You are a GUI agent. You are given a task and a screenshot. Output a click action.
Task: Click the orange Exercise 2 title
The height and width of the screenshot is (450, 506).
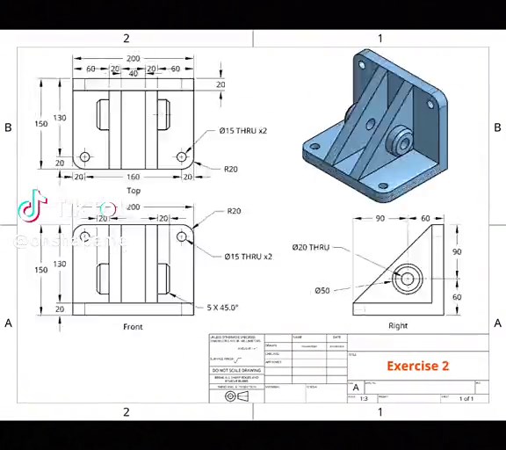(417, 366)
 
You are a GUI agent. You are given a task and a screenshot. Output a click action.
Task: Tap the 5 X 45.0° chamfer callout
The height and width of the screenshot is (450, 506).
(222, 308)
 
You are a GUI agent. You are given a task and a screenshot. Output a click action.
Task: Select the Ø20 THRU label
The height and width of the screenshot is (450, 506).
(310, 247)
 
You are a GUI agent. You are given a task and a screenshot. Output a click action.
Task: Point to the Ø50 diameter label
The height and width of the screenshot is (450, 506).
(322, 291)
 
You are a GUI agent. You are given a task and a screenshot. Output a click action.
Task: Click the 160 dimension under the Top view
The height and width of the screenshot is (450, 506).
(133, 177)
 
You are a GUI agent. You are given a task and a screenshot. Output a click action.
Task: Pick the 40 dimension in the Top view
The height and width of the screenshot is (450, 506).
(134, 74)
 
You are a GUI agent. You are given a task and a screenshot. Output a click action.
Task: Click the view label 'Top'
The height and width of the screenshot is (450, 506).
(134, 191)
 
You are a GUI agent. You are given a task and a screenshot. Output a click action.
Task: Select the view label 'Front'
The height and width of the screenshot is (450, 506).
(133, 327)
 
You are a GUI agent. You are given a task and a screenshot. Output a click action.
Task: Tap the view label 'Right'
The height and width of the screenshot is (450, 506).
(398, 326)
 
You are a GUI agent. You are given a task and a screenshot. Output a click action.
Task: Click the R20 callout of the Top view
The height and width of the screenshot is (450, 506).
(231, 170)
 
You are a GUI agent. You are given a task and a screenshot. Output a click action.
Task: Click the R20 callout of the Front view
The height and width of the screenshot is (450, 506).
(234, 211)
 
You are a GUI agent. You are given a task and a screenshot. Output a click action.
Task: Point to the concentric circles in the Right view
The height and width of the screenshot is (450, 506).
(406, 279)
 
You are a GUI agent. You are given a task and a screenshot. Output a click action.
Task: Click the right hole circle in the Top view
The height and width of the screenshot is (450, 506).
(181, 157)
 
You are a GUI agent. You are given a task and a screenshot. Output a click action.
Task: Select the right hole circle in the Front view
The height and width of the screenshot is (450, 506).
(181, 236)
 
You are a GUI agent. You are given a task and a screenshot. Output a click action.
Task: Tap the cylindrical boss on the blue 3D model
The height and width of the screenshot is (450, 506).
(401, 141)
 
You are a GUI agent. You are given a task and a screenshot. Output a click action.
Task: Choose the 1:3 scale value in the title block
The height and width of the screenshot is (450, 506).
(363, 399)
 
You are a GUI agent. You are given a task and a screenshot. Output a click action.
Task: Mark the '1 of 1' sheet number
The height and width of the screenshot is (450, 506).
(466, 399)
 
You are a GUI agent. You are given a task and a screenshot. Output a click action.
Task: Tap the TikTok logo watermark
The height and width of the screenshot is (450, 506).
(32, 207)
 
